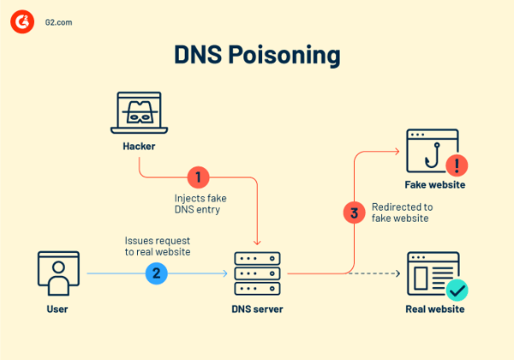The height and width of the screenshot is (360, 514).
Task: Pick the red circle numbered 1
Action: (x=198, y=177)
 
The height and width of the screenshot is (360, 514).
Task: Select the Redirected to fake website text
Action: (x=402, y=213)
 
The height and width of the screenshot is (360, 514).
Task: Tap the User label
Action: (x=58, y=309)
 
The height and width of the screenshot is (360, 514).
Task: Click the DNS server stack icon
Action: (x=257, y=273)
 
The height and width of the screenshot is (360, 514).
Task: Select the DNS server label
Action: (x=258, y=309)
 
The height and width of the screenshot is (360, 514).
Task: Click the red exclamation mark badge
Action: (x=457, y=164)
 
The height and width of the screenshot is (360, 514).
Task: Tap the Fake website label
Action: (x=435, y=185)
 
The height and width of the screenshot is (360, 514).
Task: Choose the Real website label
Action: (x=435, y=309)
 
